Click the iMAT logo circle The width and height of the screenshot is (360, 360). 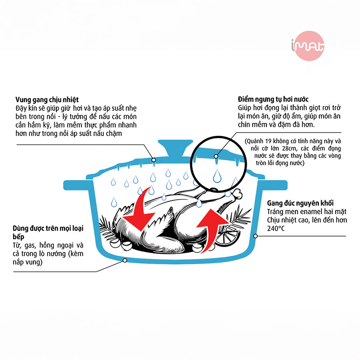pyautogui.click(x=309, y=46)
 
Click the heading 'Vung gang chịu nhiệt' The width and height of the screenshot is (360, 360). pyautogui.click(x=47, y=99)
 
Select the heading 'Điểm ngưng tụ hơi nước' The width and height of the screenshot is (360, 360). pyautogui.click(x=273, y=99)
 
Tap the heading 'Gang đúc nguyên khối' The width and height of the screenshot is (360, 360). pyautogui.click(x=300, y=203)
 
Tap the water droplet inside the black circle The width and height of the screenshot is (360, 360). pyautogui.click(x=217, y=176)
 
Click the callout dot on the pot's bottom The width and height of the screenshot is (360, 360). pyautogui.click(x=125, y=260)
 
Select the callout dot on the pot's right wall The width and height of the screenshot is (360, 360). pyautogui.click(x=256, y=236)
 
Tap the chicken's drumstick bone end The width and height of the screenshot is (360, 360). pyautogui.click(x=239, y=194)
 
